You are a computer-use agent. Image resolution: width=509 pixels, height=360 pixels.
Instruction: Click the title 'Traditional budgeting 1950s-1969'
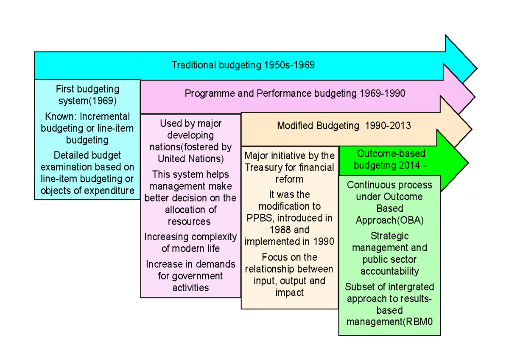tap(243, 65)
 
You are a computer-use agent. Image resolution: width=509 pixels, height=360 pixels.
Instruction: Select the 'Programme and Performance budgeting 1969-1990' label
tap(295, 93)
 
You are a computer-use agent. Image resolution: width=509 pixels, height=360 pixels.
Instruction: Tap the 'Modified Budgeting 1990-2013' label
tap(344, 126)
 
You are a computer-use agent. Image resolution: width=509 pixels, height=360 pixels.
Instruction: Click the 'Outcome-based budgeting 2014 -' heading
tap(391, 160)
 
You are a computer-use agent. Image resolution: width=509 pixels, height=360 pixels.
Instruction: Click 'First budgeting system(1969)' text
tap(87, 95)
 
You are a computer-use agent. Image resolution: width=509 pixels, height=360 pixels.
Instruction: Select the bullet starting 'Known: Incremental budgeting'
tap(87, 128)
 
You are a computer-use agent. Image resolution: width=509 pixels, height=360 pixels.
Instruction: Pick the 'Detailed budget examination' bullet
tap(87, 173)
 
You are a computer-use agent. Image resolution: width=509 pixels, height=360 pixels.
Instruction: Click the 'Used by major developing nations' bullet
tap(190, 141)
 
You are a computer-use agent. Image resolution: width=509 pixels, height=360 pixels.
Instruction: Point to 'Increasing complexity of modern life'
tap(190, 242)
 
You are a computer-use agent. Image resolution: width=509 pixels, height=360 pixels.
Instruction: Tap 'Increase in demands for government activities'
tap(190, 276)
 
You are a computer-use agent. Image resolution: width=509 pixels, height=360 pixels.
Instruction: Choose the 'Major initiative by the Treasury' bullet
tap(289, 168)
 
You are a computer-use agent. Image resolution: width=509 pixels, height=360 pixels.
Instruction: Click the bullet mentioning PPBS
tap(289, 218)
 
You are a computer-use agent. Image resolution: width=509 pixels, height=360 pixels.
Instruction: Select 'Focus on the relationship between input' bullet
tap(289, 275)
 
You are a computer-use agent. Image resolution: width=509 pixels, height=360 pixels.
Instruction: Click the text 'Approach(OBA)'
tap(389, 220)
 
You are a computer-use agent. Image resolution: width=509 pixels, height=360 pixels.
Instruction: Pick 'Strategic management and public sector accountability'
tap(389, 253)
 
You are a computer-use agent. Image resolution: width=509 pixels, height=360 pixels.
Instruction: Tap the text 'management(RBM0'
tap(389, 322)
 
